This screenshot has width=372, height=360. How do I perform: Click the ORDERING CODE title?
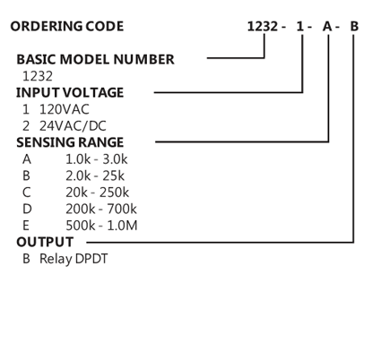tap(67, 26)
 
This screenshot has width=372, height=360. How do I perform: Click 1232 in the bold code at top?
tap(263, 27)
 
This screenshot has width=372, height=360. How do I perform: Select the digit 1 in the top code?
tap(300, 27)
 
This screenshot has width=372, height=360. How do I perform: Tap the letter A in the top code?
tap(327, 27)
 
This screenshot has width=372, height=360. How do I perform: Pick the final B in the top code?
tap(354, 27)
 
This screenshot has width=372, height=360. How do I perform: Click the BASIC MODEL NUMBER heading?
tap(95, 59)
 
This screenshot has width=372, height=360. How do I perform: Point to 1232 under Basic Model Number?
tap(38, 76)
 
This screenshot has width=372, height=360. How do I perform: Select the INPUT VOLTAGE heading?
tap(70, 92)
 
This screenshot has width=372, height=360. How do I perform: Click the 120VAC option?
tap(65, 109)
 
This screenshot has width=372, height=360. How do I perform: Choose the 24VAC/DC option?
tap(73, 126)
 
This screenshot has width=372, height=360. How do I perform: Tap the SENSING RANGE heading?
tap(70, 142)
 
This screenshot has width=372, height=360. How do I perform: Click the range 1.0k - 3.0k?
tap(97, 159)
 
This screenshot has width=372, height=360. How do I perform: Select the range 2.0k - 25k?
tap(95, 176)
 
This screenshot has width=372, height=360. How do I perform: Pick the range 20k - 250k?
tap(98, 193)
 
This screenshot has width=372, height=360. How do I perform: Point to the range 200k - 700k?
tap(101, 209)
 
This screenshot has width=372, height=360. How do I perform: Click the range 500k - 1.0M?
tap(101, 226)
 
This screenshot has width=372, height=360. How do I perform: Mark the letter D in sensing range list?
tap(27, 209)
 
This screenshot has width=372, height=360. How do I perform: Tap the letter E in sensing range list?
tap(26, 226)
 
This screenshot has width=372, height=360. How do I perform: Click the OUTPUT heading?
tap(45, 242)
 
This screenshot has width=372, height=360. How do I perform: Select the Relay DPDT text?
tap(74, 259)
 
